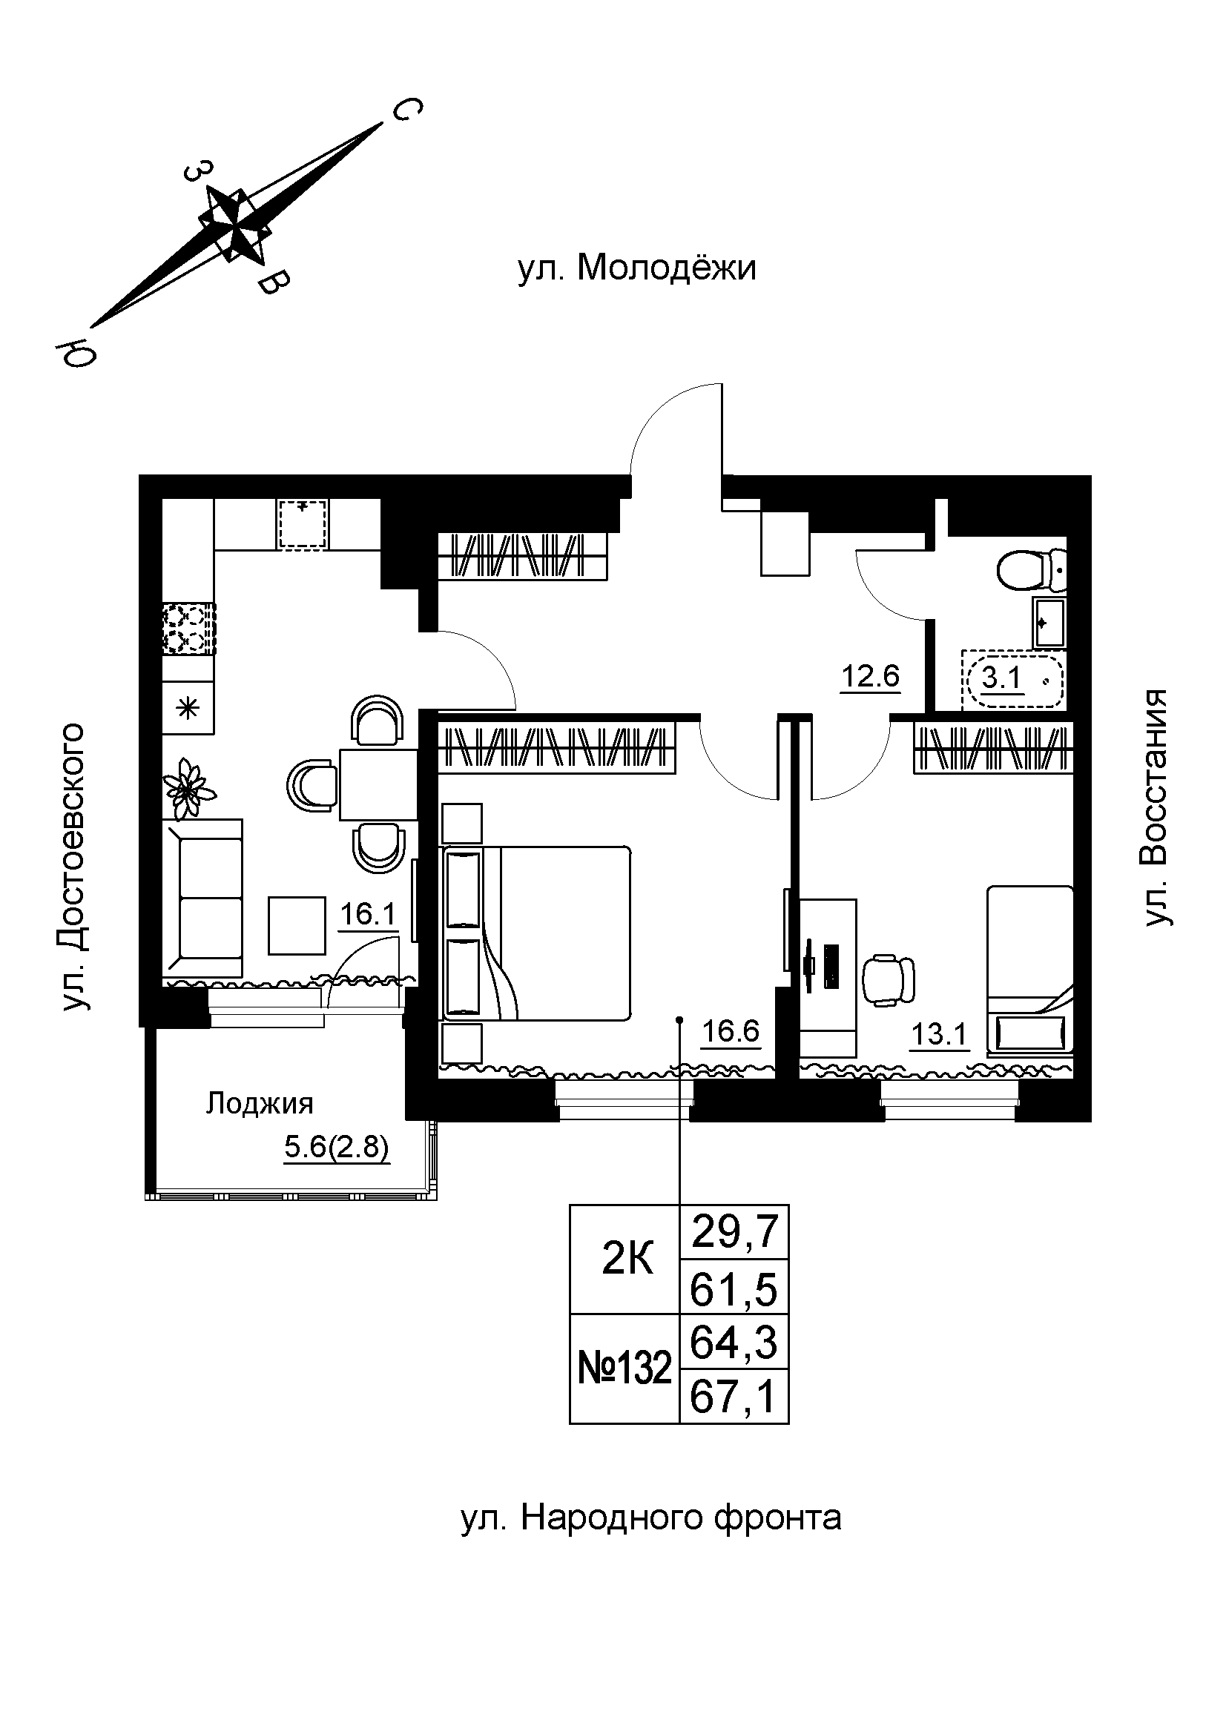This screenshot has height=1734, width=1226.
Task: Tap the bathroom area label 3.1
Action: (x=1002, y=678)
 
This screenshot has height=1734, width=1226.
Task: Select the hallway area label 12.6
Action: (x=870, y=676)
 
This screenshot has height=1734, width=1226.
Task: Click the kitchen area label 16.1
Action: (x=368, y=915)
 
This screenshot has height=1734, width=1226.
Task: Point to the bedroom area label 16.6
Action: (x=730, y=1030)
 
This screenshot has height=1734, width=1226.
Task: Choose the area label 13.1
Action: (x=939, y=1034)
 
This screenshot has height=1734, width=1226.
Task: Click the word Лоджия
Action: (x=259, y=1104)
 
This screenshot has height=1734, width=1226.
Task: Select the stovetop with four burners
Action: (x=189, y=629)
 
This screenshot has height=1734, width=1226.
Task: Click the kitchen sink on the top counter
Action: (x=303, y=523)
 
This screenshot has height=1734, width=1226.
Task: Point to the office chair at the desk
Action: (x=889, y=981)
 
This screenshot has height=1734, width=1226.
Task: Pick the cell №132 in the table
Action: (x=624, y=1369)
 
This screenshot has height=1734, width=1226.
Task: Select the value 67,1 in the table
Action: (x=734, y=1397)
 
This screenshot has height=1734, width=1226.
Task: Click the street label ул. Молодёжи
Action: (x=637, y=268)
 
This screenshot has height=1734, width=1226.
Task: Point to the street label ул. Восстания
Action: (x=1155, y=807)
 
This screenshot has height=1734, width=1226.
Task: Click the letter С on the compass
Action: (x=404, y=110)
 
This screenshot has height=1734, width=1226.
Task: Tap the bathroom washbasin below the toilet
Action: (x=1049, y=623)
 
